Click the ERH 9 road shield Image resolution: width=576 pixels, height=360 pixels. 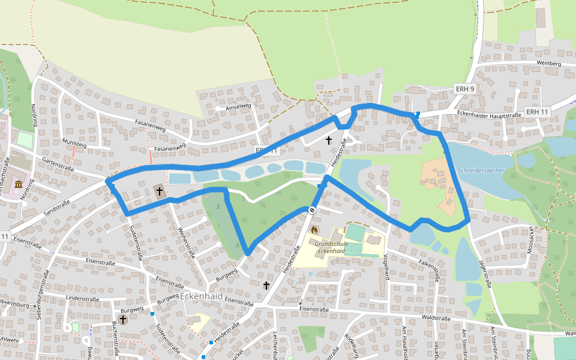point(465,89)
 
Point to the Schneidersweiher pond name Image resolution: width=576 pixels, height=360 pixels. point(481,170)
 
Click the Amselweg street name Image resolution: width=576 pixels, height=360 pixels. point(237,107)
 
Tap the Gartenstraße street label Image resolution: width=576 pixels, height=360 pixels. point(58,164)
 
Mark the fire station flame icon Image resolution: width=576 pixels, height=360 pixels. point(314,229)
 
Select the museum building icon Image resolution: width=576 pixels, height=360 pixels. point(19,184)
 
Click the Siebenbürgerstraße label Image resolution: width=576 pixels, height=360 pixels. point(43,294)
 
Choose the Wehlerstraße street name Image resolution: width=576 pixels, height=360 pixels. point(187,242)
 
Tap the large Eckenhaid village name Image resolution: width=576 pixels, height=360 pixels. point(202,296)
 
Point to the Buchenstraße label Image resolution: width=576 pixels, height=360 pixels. point(115,340)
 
